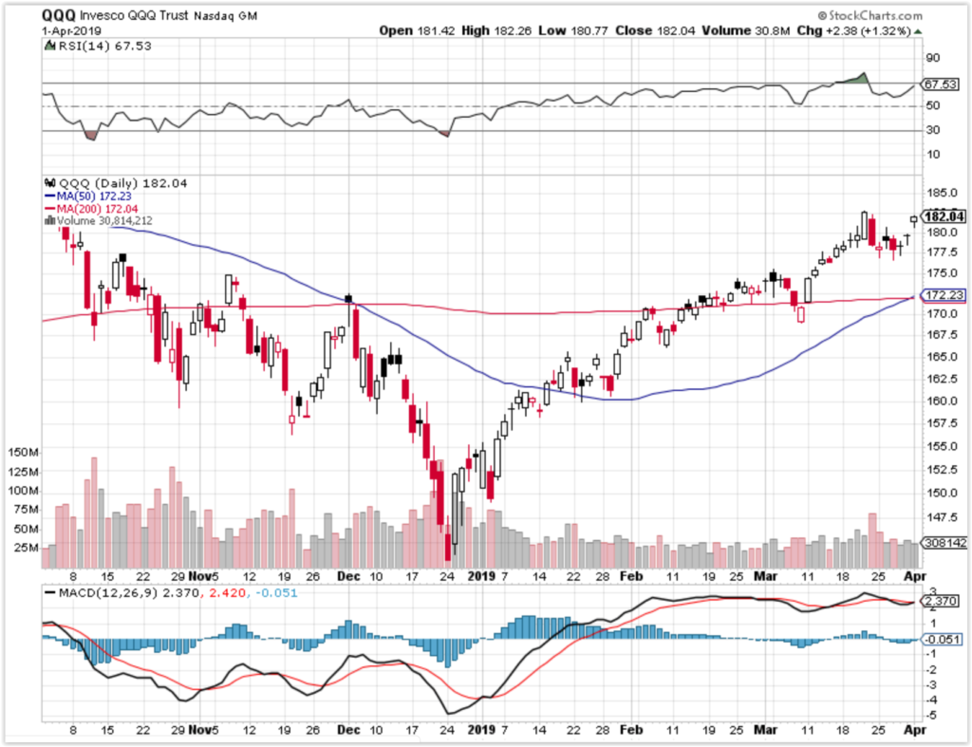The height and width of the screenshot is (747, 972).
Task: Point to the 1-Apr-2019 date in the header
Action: (x=74, y=30)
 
